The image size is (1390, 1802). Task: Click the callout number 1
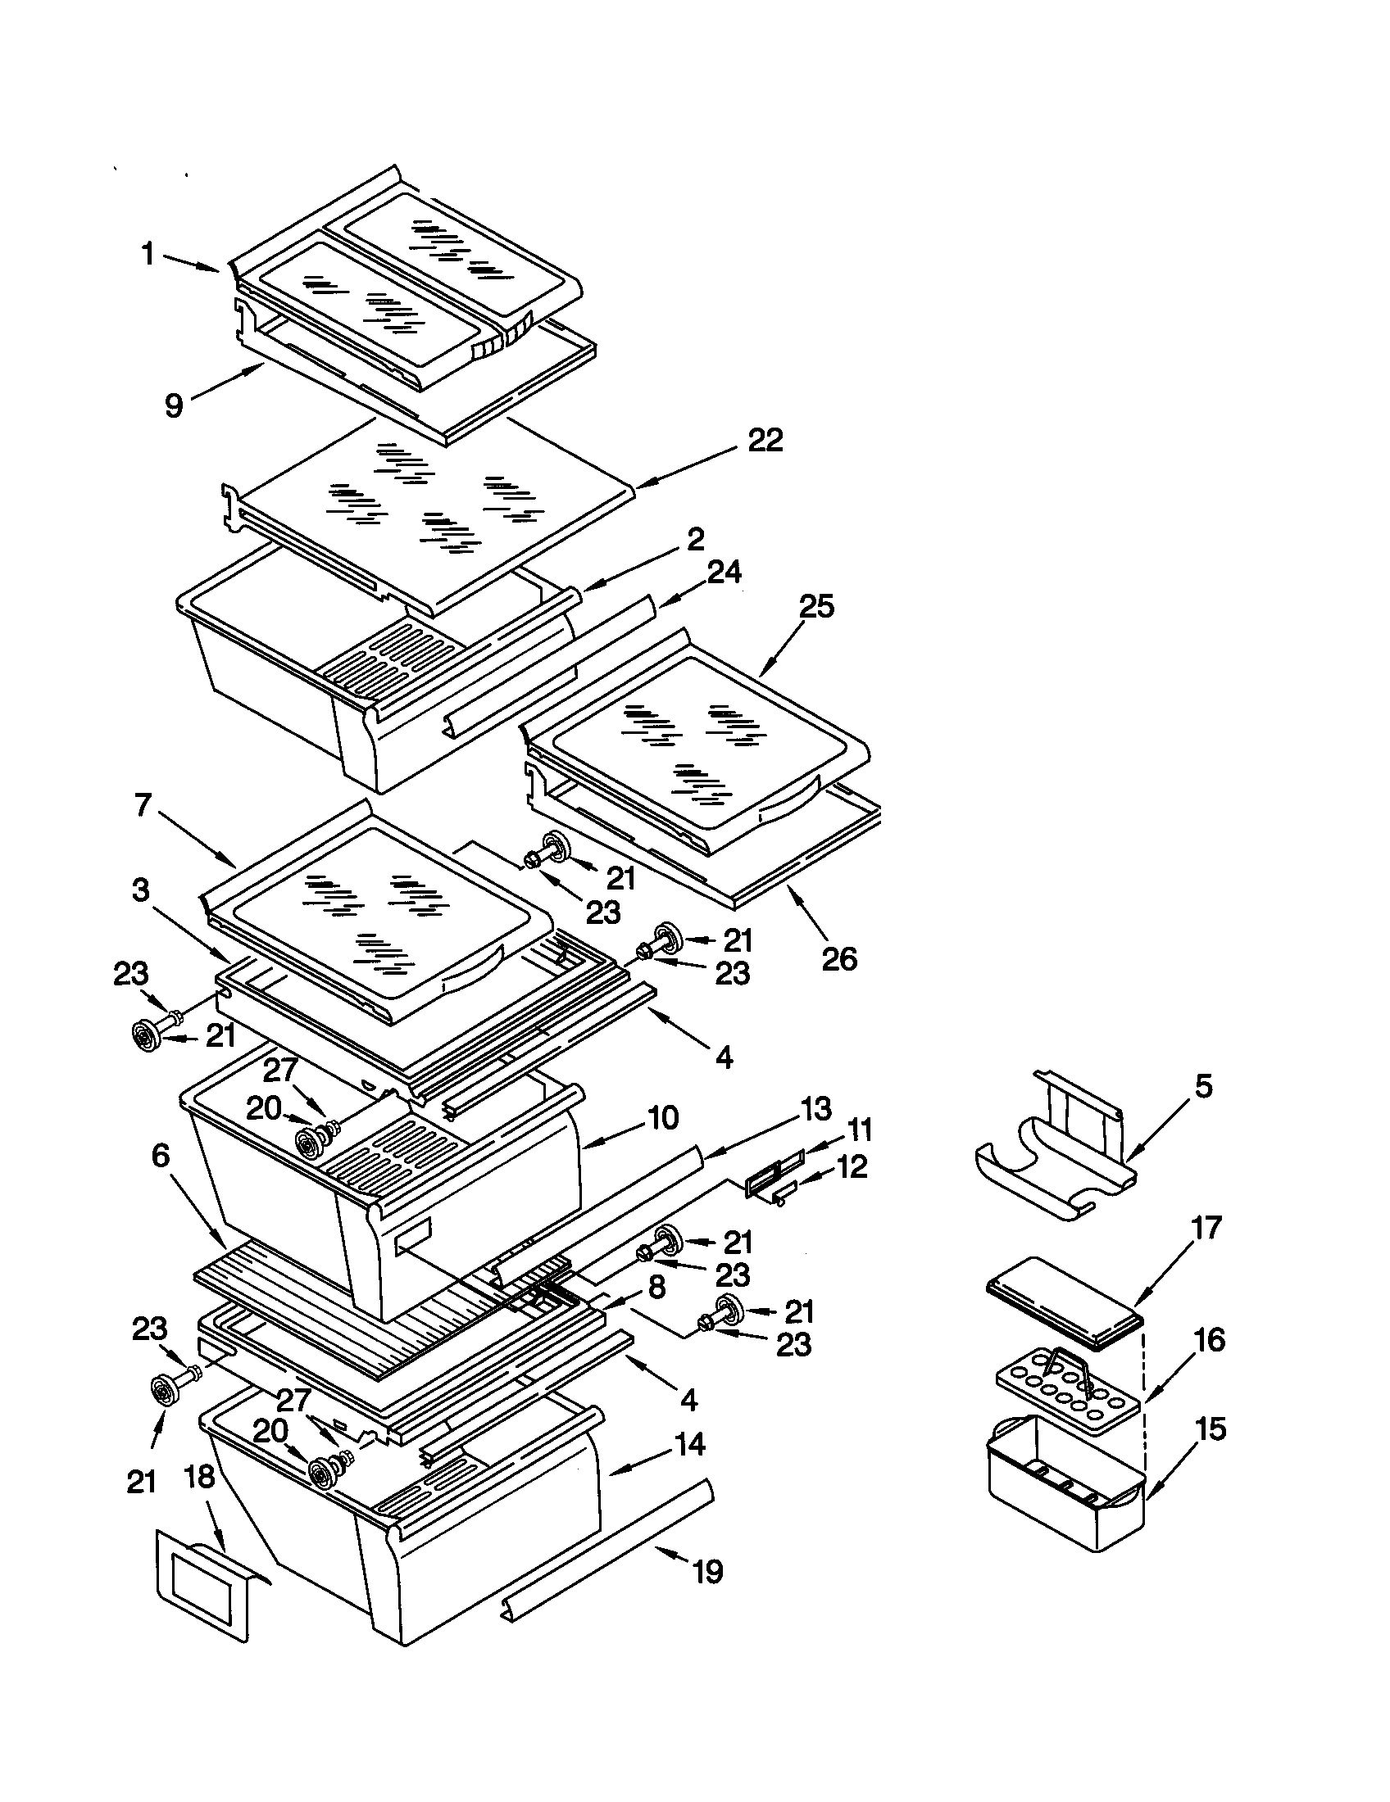coord(148,253)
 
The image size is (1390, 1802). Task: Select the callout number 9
coord(173,406)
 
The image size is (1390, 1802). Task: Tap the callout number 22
coord(765,440)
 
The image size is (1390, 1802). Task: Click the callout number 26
coord(839,959)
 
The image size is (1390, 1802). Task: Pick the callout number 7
coord(143,804)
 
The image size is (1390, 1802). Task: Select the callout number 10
coord(662,1118)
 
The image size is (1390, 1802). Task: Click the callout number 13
coord(815,1110)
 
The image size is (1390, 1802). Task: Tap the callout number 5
coord(1203,1086)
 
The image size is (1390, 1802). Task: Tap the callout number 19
coord(707,1572)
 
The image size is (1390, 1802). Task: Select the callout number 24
coord(724,572)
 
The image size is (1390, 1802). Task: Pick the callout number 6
coord(160,1156)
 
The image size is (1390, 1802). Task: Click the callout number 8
coord(656,1288)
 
